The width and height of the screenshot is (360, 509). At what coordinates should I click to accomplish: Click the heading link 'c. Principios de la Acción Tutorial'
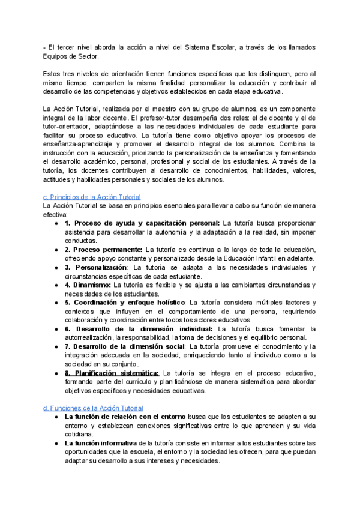92,196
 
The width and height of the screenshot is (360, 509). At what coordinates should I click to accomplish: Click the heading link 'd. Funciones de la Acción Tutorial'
92,408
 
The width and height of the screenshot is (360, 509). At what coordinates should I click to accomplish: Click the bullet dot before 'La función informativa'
56,444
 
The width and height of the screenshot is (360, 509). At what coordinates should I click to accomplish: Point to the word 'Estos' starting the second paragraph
53,73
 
